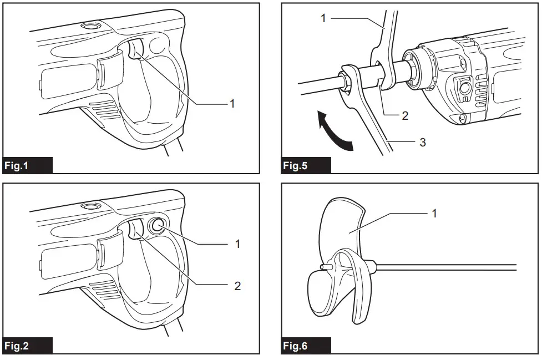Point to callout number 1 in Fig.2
(x=238, y=244)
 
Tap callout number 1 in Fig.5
(x=323, y=18)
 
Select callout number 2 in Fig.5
(x=405, y=115)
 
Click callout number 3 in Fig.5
(x=423, y=142)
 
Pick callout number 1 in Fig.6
(x=434, y=213)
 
